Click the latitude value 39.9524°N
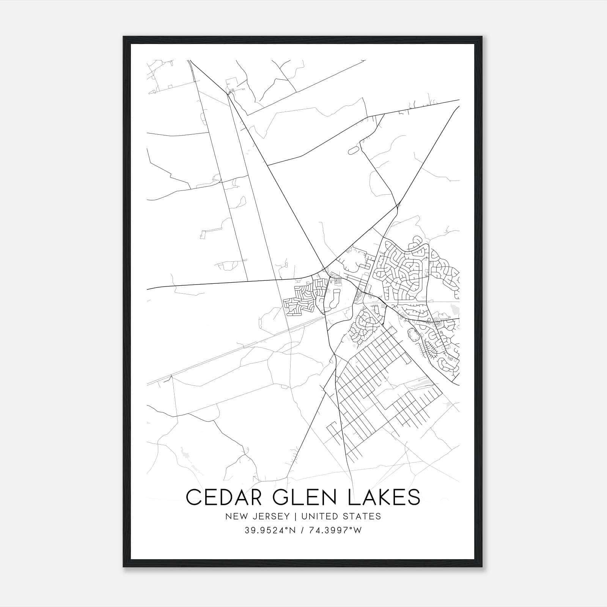click(269, 530)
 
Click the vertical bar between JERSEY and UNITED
click(292, 516)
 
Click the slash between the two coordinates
click(302, 530)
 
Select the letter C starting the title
click(193, 497)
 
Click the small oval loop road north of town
click(353, 151)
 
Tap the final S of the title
click(414, 497)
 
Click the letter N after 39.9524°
click(292, 530)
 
